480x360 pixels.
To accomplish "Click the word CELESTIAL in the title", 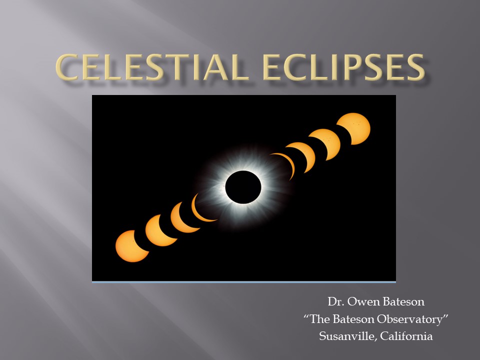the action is pyautogui.click(x=152, y=67).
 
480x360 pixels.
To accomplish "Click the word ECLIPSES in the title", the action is pyautogui.click(x=344, y=67).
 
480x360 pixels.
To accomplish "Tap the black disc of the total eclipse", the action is pyautogui.click(x=243, y=187).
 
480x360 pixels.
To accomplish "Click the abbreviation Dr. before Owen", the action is pyautogui.click(x=336, y=302).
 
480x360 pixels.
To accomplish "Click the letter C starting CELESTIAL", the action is pyautogui.click(x=66, y=67).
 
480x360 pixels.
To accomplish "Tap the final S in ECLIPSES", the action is pyautogui.click(x=415, y=67).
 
